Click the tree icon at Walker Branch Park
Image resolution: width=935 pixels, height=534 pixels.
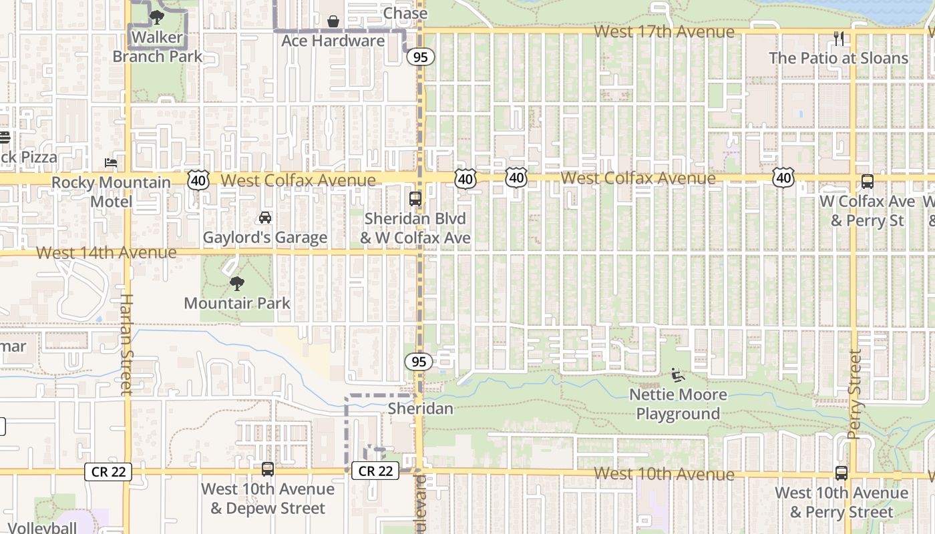157,17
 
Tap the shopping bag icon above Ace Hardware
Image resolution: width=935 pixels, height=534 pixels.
333,21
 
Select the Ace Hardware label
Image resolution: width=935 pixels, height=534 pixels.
333,41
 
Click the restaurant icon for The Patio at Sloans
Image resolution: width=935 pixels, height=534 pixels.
839,39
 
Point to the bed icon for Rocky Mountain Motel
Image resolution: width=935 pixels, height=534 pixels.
111,163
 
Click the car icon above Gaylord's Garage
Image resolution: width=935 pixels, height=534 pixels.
265,218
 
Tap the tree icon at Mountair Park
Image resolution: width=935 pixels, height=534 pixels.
236,284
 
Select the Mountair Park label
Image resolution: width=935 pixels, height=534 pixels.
237,303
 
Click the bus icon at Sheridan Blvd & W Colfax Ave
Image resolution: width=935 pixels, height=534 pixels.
415,198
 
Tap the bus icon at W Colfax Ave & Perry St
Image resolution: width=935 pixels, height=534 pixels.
867,182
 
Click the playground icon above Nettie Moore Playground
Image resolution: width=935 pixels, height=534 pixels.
677,375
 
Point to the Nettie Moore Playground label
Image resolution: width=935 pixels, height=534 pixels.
678,404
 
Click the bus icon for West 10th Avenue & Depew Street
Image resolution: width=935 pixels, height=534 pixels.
268,469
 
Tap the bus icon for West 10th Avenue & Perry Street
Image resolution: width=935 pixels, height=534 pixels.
841,473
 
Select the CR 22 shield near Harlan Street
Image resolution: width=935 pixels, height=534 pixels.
108,472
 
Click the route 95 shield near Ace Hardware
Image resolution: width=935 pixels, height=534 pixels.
420,57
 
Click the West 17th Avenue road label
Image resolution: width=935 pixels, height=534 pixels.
664,31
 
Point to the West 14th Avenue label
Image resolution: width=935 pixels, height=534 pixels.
106,252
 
